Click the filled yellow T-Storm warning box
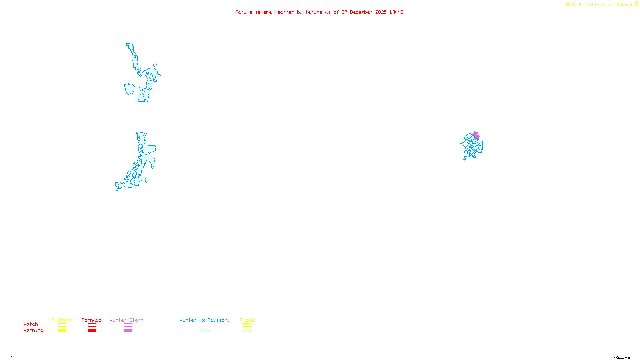(62, 331)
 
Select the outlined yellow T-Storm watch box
(62, 325)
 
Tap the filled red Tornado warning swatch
(92, 331)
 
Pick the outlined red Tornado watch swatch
(92, 325)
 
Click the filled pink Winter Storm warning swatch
(128, 331)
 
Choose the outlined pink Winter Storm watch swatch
(128, 325)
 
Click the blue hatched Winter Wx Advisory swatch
(204, 331)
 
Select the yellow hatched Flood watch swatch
(247, 325)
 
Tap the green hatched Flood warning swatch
(247, 331)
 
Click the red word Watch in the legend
(31, 324)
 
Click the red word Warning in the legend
(34, 330)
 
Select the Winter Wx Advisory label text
(205, 320)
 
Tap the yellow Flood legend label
(247, 320)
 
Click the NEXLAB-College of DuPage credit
(600, 5)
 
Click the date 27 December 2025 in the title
(364, 12)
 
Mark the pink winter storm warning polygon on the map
(476, 135)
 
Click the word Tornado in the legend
(92, 320)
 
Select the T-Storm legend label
(62, 320)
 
